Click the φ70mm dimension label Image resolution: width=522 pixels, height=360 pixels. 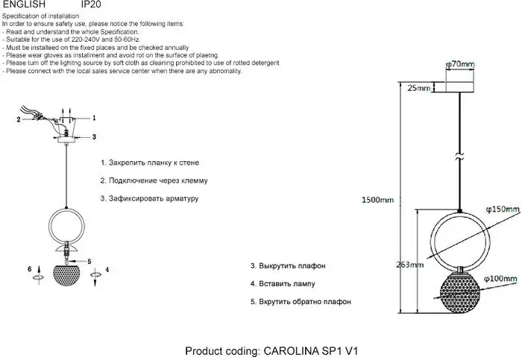[x=460, y=64]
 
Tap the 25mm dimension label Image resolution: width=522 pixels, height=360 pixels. [x=419, y=88]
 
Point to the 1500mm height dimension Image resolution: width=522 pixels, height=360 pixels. [x=377, y=200]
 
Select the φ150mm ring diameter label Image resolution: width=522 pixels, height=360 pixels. [x=503, y=209]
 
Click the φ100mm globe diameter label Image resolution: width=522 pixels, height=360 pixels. [x=500, y=279]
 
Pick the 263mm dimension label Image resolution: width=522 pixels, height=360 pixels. [x=410, y=265]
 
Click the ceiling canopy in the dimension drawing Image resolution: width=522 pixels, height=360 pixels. [x=459, y=87]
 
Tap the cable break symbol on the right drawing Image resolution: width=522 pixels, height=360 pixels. [x=460, y=157]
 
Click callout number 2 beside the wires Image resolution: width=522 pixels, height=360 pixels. [x=19, y=120]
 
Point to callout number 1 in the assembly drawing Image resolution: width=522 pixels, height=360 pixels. [x=94, y=118]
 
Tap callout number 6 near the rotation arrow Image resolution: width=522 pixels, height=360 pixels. [x=30, y=269]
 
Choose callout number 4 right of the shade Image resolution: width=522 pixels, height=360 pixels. [x=107, y=270]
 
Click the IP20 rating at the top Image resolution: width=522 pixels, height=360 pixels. [x=91, y=4]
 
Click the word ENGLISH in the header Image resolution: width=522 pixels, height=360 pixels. [x=24, y=4]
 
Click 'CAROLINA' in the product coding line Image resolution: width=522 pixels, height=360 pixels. [x=292, y=351]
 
